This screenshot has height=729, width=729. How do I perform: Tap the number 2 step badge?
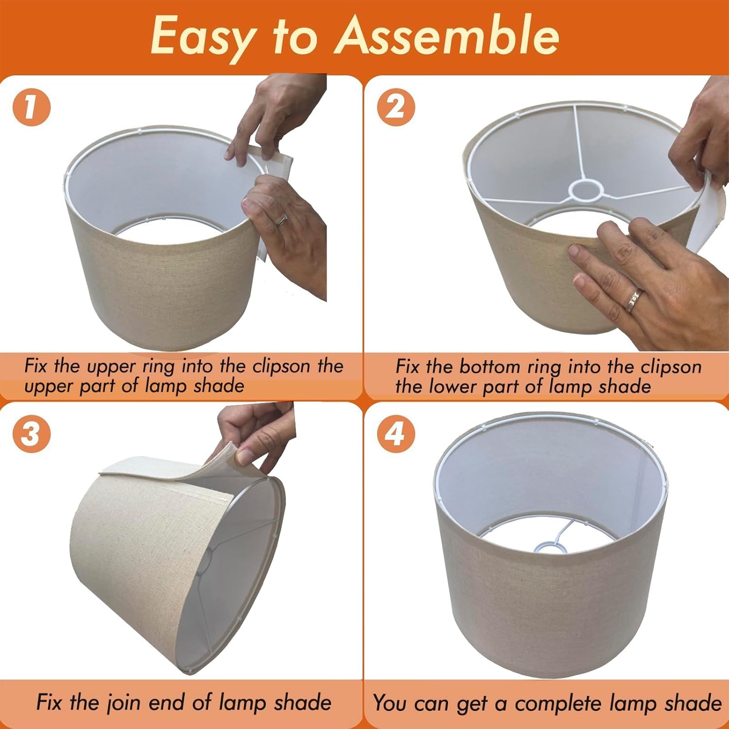(396, 107)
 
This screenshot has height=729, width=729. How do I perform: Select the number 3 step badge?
(31, 434)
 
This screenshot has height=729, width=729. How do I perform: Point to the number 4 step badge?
(396, 434)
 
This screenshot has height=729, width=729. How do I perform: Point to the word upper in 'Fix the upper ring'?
(108, 366)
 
